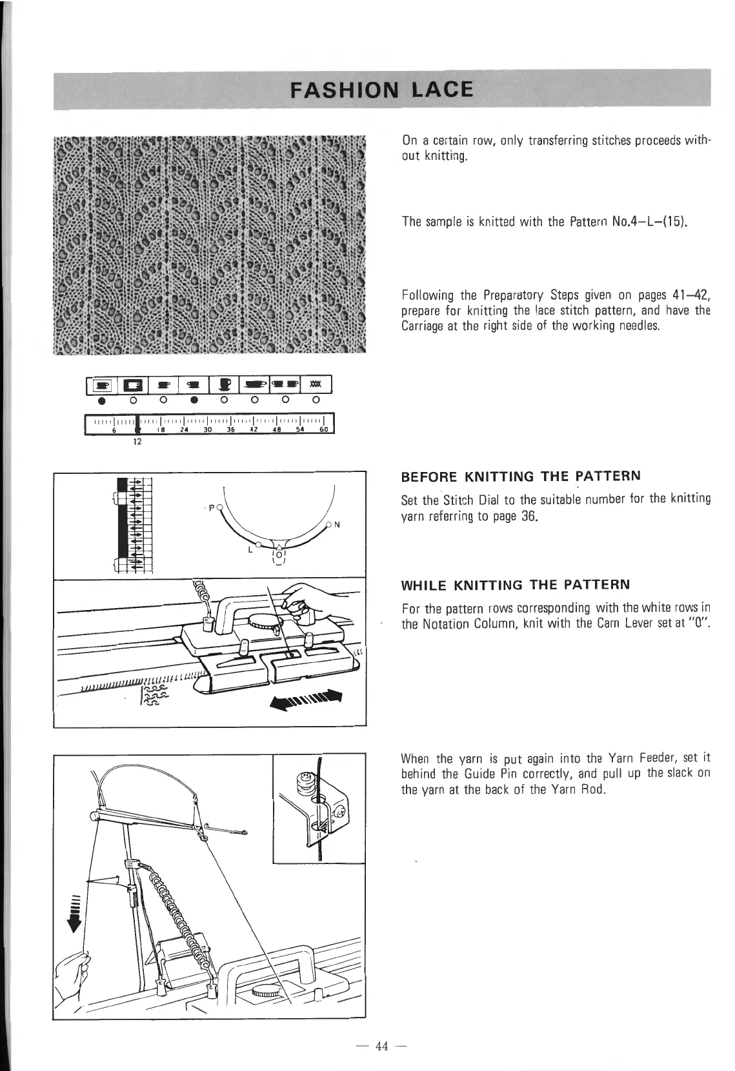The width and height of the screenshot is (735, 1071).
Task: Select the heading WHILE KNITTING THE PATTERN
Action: tap(515, 585)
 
